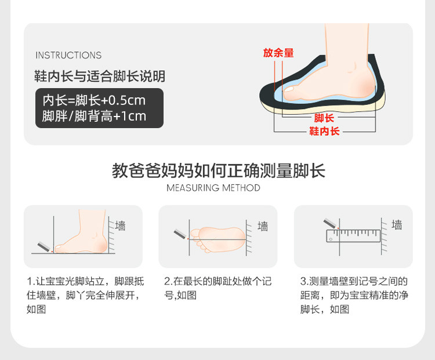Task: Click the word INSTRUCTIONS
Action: click(68, 55)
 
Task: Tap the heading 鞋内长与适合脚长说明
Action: click(100, 76)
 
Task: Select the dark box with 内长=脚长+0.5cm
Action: click(99, 108)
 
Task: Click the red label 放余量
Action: click(278, 53)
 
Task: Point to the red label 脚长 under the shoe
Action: click(324, 118)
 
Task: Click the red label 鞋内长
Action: click(324, 131)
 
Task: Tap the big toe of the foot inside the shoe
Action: click(289, 89)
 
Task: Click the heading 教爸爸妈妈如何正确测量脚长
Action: click(219, 170)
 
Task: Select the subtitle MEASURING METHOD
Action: click(213, 188)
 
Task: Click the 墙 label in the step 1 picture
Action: click(120, 226)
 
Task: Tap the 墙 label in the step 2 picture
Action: click(263, 226)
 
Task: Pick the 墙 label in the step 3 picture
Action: click(397, 225)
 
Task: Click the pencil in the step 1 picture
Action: click(45, 247)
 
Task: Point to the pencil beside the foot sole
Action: click(181, 234)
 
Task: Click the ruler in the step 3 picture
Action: click(353, 236)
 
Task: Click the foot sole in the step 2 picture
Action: click(217, 239)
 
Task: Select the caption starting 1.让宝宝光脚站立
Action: click(85, 295)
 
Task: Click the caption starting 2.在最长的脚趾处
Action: click(217, 288)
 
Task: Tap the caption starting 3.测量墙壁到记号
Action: click(354, 295)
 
